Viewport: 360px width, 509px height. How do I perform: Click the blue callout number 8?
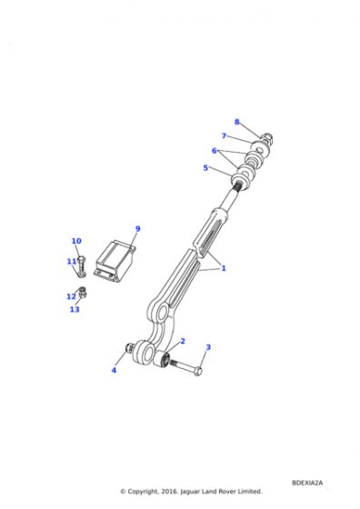pos(236,122)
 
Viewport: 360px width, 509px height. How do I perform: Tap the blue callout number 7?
pos(224,135)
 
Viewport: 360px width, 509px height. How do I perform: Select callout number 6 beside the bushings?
pos(214,151)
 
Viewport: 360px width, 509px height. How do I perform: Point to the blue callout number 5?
pos(205,168)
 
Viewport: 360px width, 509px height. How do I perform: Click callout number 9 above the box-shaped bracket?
pos(137,229)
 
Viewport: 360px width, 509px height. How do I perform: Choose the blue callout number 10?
pos(76,241)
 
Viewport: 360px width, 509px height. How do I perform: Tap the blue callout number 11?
pos(72,262)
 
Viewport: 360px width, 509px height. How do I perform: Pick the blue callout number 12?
pos(71,296)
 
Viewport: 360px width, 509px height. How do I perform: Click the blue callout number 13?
pos(75,309)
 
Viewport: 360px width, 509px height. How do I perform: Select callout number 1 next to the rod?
pos(224,268)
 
